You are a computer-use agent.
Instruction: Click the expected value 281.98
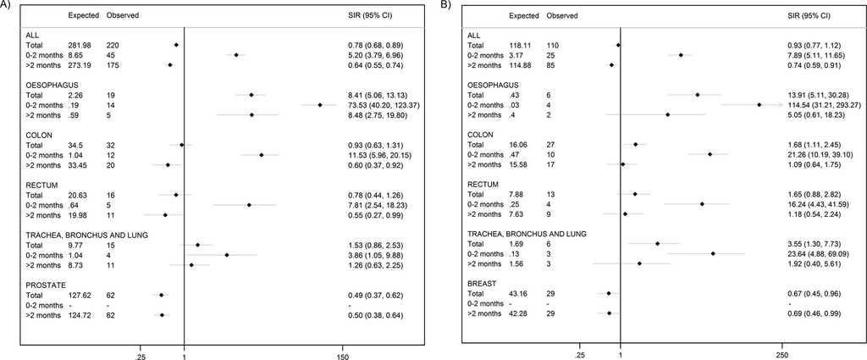point(80,44)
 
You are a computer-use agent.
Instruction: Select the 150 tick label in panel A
point(342,347)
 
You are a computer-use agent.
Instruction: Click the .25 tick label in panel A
point(141,347)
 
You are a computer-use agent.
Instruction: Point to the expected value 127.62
point(80,295)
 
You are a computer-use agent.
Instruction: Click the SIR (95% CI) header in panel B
point(801,16)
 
